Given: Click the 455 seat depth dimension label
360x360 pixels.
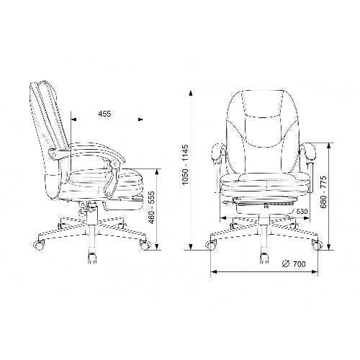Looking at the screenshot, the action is tap(104, 114).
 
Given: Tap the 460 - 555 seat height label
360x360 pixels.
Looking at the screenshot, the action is tap(152, 207).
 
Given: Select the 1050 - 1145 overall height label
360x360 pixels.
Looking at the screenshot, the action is tap(186, 165).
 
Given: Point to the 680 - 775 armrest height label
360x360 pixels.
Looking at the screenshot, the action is tap(324, 192).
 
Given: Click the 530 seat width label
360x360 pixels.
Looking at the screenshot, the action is tap(302, 212).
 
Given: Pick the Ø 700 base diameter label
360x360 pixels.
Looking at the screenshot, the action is tap(294, 264).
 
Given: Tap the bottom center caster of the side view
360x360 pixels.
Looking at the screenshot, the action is tap(92, 258).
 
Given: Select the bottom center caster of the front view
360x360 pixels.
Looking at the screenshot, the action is tap(264, 258).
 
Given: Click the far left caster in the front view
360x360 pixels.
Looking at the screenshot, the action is tap(211, 245).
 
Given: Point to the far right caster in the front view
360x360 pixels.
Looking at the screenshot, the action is tap(318, 245).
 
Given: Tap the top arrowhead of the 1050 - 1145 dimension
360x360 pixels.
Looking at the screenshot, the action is tap(191, 93).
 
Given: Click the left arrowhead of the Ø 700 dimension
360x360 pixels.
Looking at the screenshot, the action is tap(214, 271).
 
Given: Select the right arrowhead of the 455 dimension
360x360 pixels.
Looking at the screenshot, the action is tap(140, 120).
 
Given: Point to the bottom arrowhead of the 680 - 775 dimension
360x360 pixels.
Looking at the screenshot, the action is tap(329, 247).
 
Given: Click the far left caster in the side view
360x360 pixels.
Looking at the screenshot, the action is tap(38, 245).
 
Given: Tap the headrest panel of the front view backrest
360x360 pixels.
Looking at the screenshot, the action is tap(262, 104).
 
